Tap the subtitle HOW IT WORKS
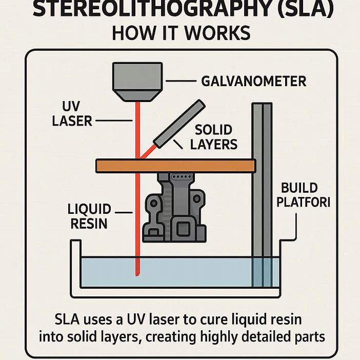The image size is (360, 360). (x=181, y=33)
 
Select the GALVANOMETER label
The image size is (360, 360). (x=254, y=81)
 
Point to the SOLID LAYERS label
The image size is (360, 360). (x=214, y=137)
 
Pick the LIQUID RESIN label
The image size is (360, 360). (x=89, y=216)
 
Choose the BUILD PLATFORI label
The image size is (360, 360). (x=303, y=194)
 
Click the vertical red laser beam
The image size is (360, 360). (x=137, y=205)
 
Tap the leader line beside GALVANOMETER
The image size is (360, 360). (x=179, y=81)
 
